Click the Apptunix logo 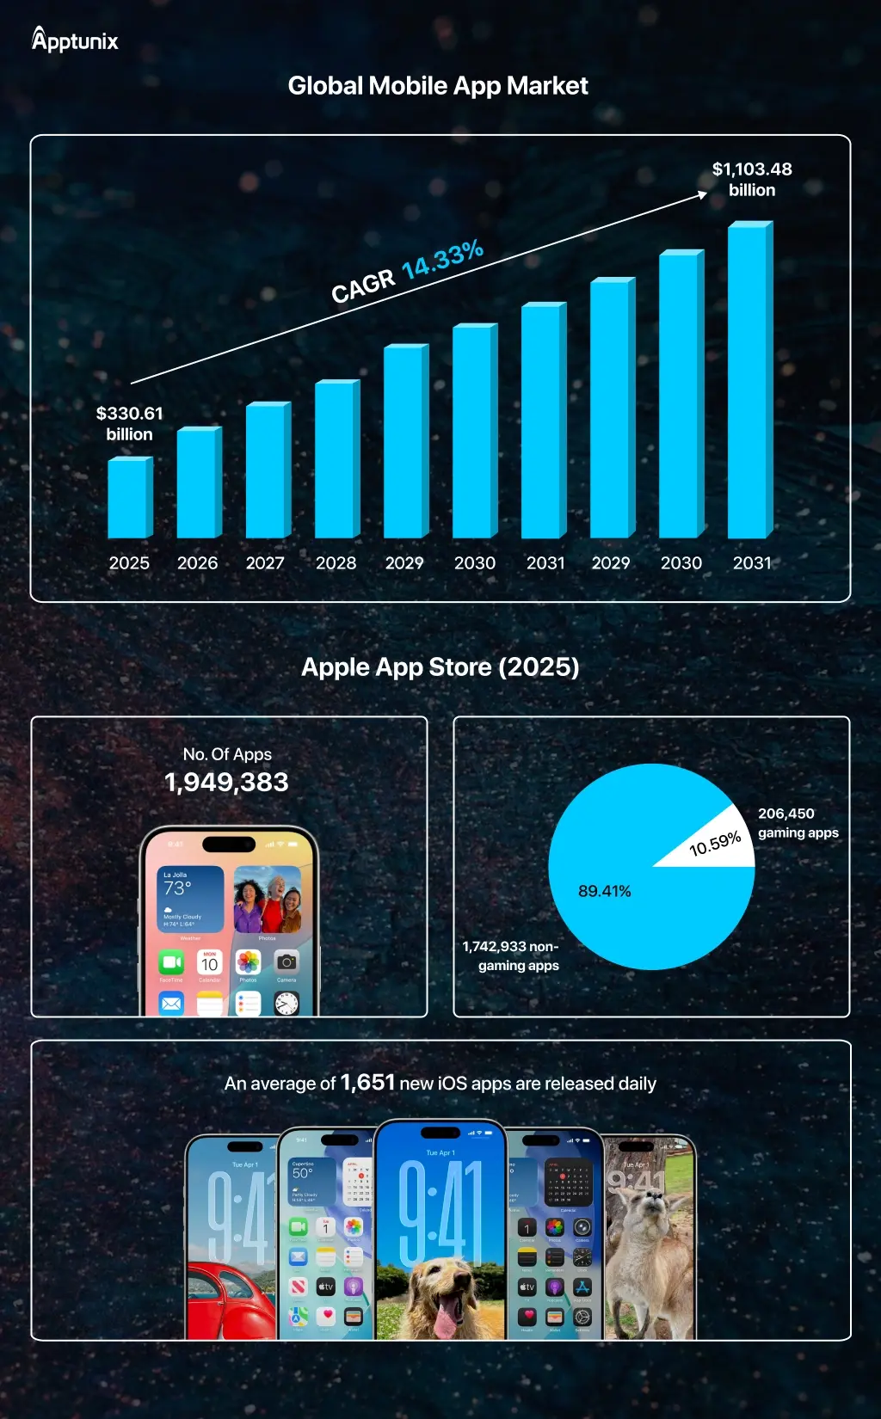click(75, 40)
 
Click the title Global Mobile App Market click(438, 86)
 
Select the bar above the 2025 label click(129, 498)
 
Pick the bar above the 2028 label click(336, 460)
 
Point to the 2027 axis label click(265, 563)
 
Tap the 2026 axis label click(197, 563)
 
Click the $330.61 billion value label click(129, 424)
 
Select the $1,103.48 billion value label click(752, 180)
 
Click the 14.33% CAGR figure click(442, 259)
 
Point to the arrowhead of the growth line click(703, 195)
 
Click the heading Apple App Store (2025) click(440, 667)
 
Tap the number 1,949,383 click(226, 783)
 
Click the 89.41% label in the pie click(604, 892)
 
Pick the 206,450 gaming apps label click(798, 823)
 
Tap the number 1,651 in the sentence click(367, 1083)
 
